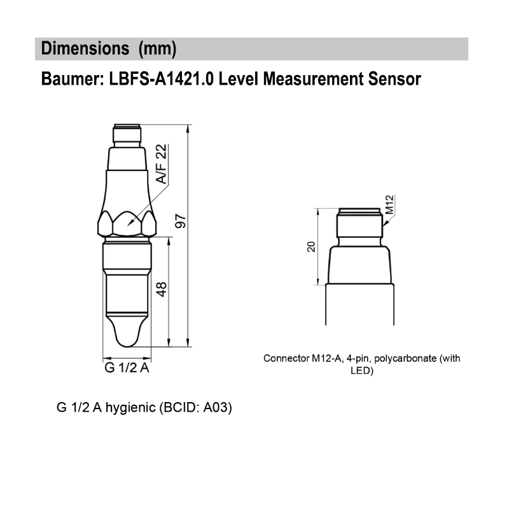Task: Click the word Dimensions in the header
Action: tap(81, 48)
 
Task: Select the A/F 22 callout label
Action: tap(161, 164)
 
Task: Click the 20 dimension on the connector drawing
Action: tap(311, 246)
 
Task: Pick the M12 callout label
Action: tap(390, 205)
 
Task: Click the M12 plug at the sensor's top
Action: tap(127, 135)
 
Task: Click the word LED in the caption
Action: tap(361, 370)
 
